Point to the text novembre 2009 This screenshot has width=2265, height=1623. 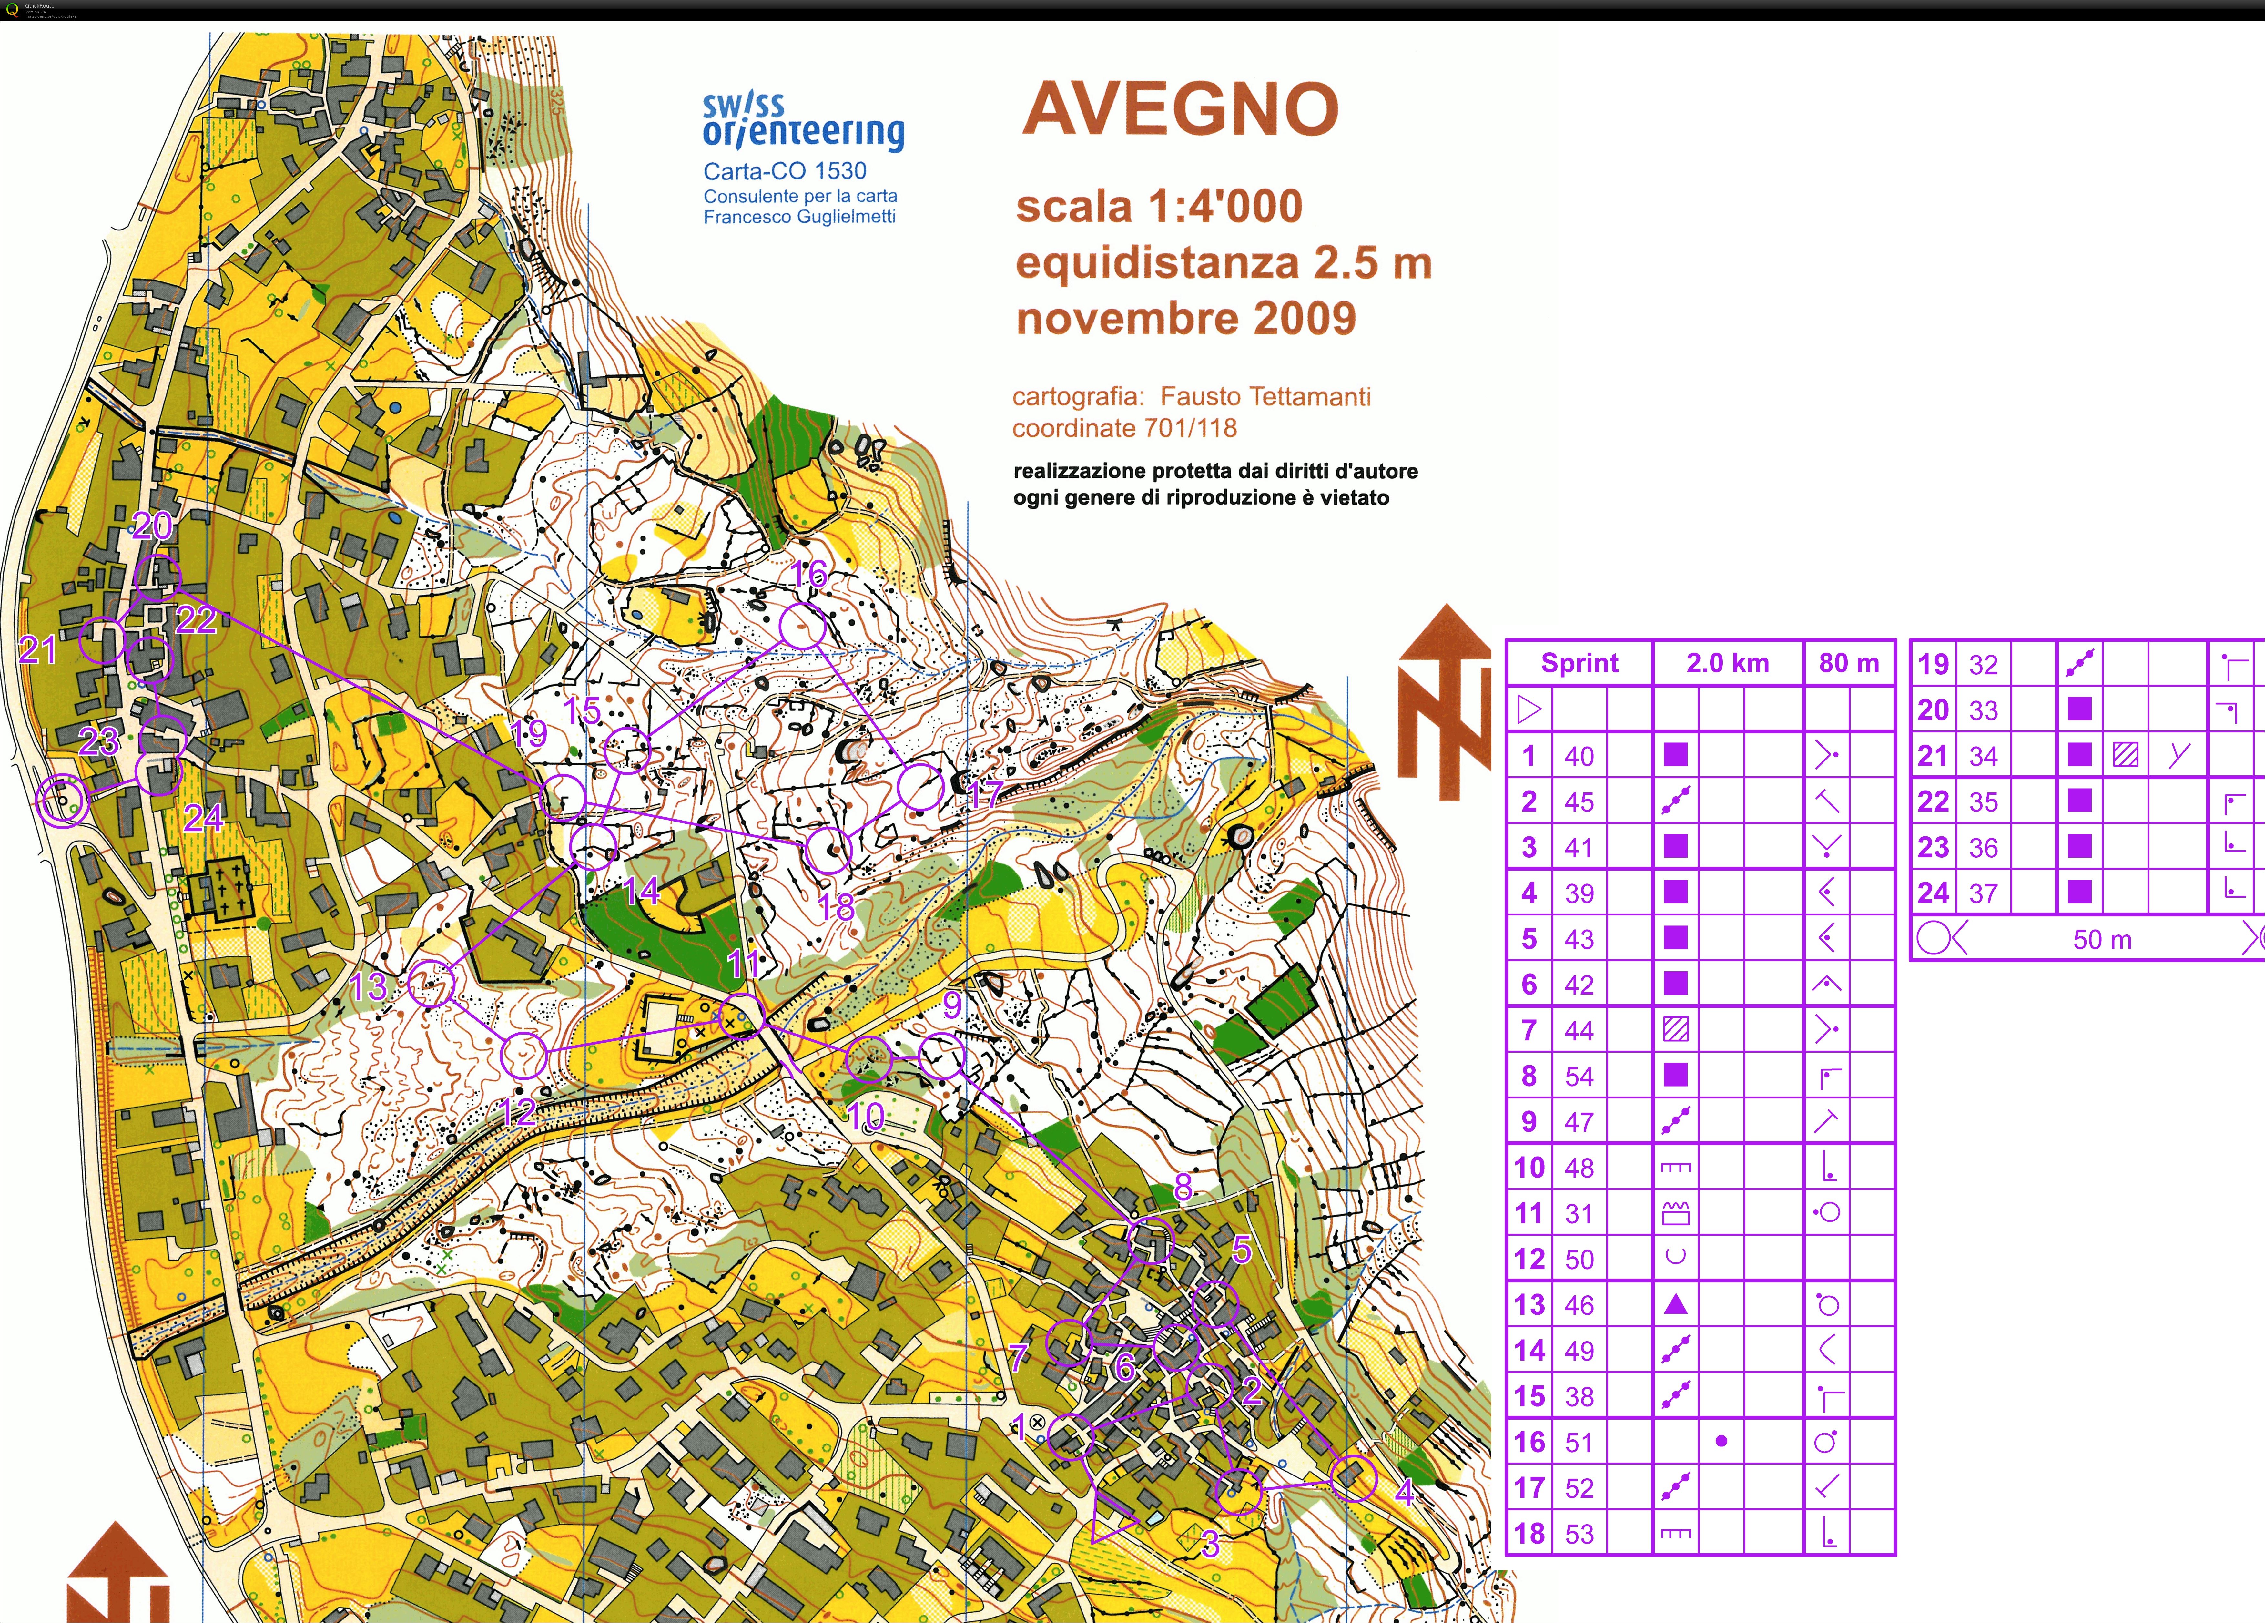(1186, 319)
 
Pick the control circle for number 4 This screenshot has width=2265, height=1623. (1353, 1477)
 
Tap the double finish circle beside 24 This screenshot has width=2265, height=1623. (61, 801)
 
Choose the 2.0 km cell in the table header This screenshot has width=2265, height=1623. (1728, 663)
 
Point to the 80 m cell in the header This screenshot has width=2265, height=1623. (1849, 663)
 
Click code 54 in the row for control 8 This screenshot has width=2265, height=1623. (1579, 1076)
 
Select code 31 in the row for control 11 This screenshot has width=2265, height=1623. (1579, 1213)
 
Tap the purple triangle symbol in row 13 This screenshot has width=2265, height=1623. (1676, 1304)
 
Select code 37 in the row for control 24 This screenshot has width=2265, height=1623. (1983, 893)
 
